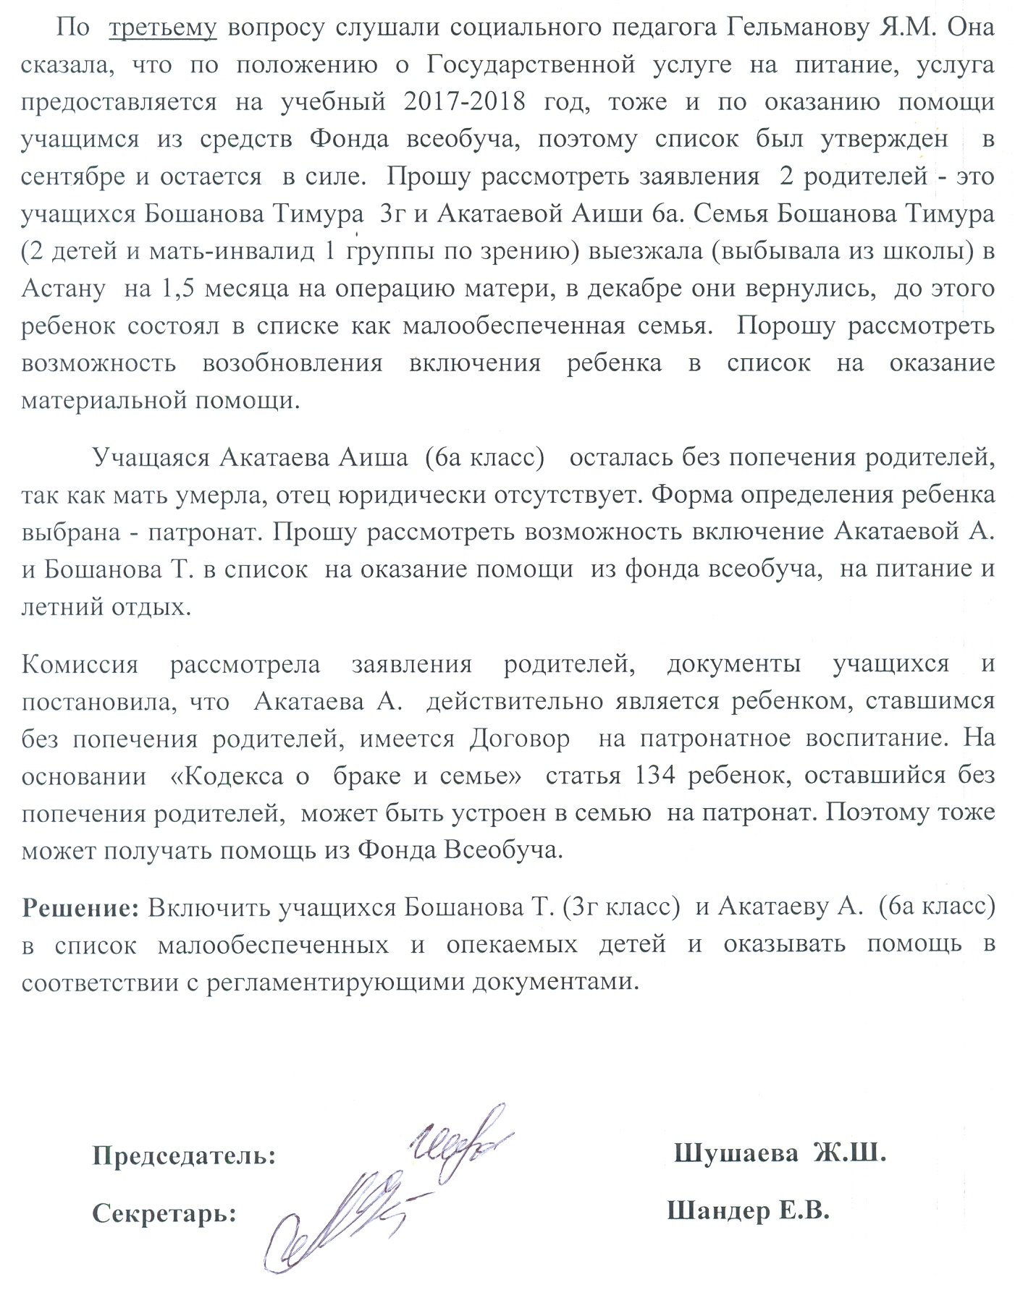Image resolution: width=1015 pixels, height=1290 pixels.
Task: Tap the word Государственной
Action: click(x=531, y=65)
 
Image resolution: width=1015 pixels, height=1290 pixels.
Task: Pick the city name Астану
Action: click(x=64, y=289)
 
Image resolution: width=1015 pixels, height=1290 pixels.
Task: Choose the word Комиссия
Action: click(x=80, y=663)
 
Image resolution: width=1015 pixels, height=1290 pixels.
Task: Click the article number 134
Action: click(x=654, y=776)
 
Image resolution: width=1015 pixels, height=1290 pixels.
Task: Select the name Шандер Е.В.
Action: click(x=748, y=1210)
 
